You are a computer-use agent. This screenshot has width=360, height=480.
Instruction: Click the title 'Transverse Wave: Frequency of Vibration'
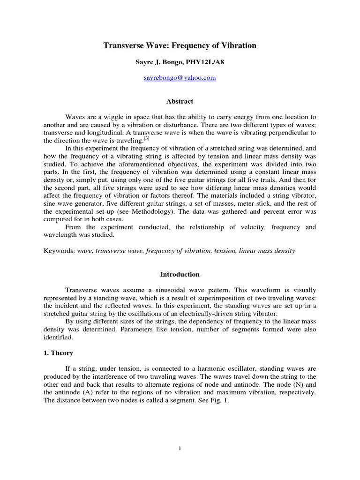tap(180, 45)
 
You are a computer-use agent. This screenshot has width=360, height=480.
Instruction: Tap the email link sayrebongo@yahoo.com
tap(180, 78)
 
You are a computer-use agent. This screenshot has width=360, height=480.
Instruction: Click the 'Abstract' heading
tap(180, 101)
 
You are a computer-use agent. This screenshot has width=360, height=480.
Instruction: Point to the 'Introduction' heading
tap(180, 274)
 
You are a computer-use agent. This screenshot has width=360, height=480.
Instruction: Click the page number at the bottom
tap(180, 449)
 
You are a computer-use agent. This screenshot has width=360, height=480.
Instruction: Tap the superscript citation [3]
tap(146, 138)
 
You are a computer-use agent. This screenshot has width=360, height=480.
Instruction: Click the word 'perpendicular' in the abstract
tap(285, 133)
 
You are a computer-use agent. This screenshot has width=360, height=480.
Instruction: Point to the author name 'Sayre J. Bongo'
tap(154, 62)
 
